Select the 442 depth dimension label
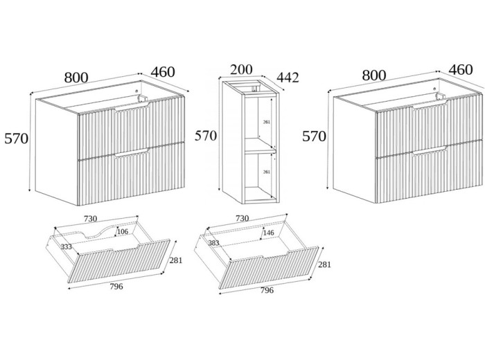click(287, 77)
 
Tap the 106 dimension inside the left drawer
click(122, 232)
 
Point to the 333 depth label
click(67, 246)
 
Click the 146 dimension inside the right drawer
click(267, 234)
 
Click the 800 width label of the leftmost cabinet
click(76, 77)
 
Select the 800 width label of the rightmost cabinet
click(374, 74)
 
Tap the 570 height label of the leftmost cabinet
click(16, 138)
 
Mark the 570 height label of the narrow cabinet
click(205, 136)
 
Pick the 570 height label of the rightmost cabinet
click(314, 136)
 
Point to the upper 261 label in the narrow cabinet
click(266, 123)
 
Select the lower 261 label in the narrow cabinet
click(266, 172)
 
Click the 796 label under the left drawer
click(116, 286)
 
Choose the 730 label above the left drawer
click(90, 218)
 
